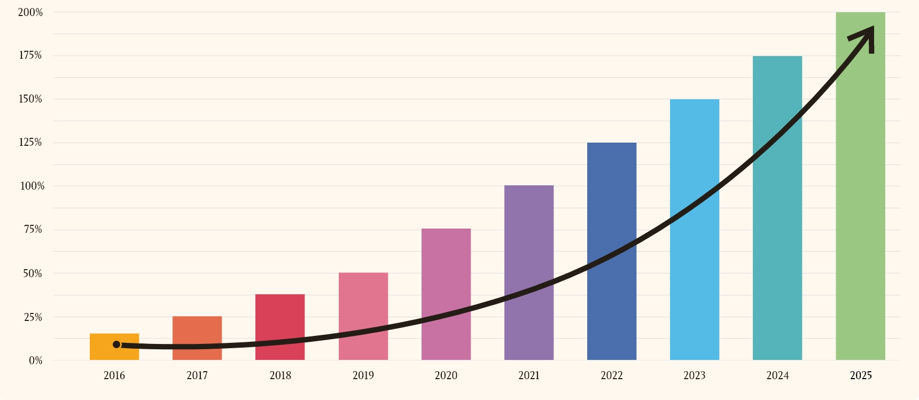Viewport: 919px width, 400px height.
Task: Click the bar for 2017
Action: click(x=197, y=331)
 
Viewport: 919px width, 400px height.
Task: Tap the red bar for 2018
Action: click(x=280, y=318)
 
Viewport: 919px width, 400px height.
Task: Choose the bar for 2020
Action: click(x=446, y=267)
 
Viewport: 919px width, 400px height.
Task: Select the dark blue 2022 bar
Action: click(x=612, y=203)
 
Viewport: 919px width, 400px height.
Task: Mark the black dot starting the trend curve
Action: click(x=116, y=344)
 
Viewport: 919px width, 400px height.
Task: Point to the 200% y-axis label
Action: click(x=30, y=12)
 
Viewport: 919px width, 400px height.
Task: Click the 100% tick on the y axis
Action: click(x=32, y=186)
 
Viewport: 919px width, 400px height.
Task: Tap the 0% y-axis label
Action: click(x=36, y=360)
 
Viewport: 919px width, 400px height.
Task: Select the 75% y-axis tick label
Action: click(x=33, y=230)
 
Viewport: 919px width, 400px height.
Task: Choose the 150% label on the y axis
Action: click(x=30, y=99)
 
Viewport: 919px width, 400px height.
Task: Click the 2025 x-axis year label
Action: click(x=861, y=375)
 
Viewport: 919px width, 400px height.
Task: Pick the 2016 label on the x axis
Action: click(x=114, y=375)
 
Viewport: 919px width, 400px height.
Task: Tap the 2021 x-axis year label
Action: click(x=529, y=375)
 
